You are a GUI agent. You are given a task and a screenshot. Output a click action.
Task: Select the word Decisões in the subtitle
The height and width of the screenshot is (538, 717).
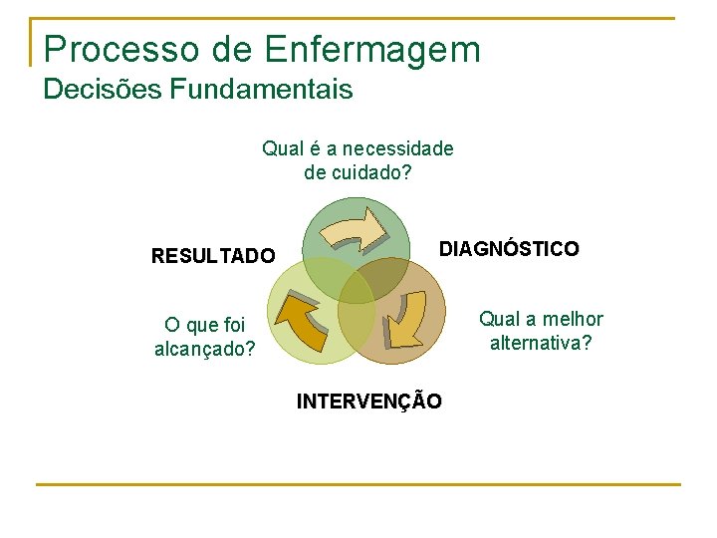coord(103,90)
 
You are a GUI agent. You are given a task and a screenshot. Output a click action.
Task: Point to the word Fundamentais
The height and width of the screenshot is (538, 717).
coord(260,90)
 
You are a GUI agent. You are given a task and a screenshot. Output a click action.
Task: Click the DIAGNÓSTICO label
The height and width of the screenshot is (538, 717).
coord(509,249)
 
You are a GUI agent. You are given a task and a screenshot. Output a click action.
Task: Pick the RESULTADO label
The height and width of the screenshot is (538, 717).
coord(213,256)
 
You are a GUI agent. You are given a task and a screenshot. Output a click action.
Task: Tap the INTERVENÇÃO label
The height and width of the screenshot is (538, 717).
coord(369,402)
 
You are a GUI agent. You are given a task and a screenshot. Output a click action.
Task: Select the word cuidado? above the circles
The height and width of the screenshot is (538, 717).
coord(372,173)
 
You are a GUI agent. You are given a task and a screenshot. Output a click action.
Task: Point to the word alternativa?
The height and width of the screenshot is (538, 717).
coord(541,344)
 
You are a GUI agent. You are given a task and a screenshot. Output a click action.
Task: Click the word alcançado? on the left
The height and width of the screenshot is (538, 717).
coord(205,350)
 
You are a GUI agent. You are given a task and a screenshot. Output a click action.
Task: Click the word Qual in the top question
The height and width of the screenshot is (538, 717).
coord(282,149)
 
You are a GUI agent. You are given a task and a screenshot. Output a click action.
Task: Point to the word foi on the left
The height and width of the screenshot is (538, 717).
coord(228,325)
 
